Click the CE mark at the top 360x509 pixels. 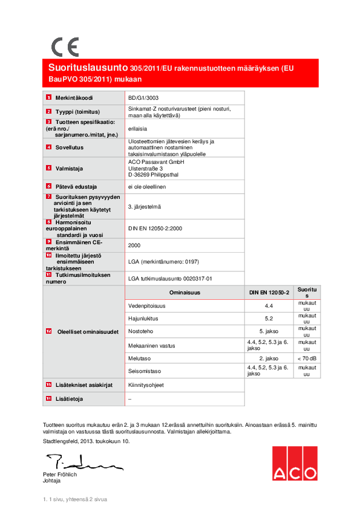tap(64, 47)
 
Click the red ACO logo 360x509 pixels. tap(294, 464)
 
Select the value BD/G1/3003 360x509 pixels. tap(144, 97)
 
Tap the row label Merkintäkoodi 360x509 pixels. tap(74, 97)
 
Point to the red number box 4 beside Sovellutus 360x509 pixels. tap(49, 147)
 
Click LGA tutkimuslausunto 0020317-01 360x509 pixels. tap(170, 278)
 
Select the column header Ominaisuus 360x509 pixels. tap(185, 293)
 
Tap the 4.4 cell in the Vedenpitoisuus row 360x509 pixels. tap(269, 306)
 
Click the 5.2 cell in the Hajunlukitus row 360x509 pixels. tap(269, 318)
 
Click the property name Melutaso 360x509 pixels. tap(140, 359)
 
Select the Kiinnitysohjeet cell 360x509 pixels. tap(146, 384)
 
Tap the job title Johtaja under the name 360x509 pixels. tap(51, 481)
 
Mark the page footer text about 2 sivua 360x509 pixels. tap(75, 500)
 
